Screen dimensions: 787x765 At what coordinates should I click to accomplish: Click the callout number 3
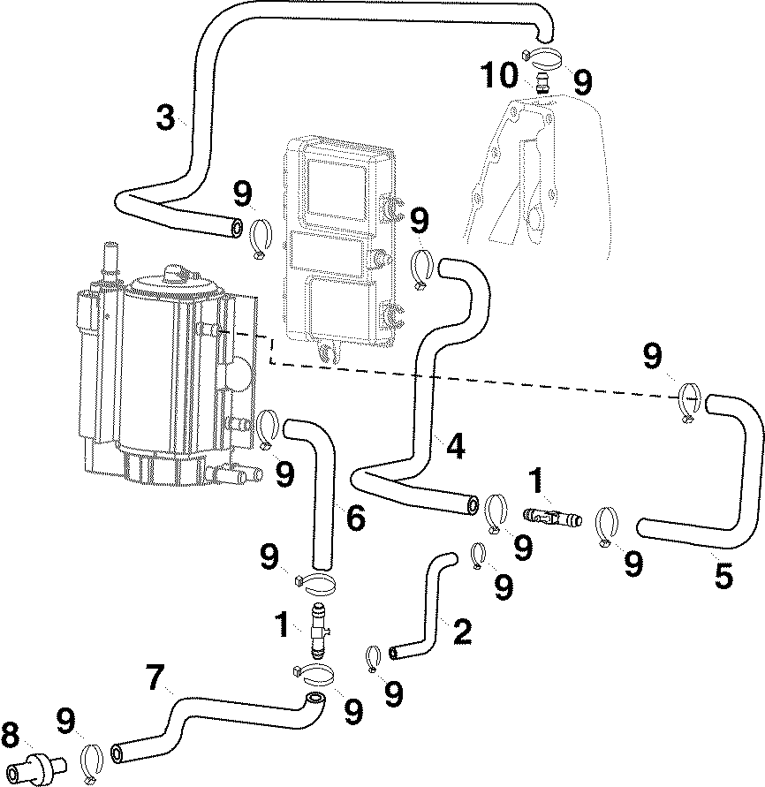coord(165,118)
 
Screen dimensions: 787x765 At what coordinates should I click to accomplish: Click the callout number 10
coord(499,75)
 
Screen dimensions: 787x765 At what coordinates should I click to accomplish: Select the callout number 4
coord(454,446)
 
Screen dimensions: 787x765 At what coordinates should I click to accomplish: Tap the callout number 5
coord(723,576)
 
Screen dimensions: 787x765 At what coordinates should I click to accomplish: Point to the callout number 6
coord(355,518)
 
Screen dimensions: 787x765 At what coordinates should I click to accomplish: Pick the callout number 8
coord(11,735)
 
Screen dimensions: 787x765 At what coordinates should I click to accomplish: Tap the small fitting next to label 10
coord(542,85)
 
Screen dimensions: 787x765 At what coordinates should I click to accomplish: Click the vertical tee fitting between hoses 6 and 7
coord(320,630)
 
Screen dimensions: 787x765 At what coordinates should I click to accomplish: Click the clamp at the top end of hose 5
coord(691,400)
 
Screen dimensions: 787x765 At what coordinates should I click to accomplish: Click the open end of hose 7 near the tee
coord(312,700)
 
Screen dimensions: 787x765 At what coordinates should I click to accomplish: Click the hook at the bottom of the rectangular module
coord(329,353)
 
